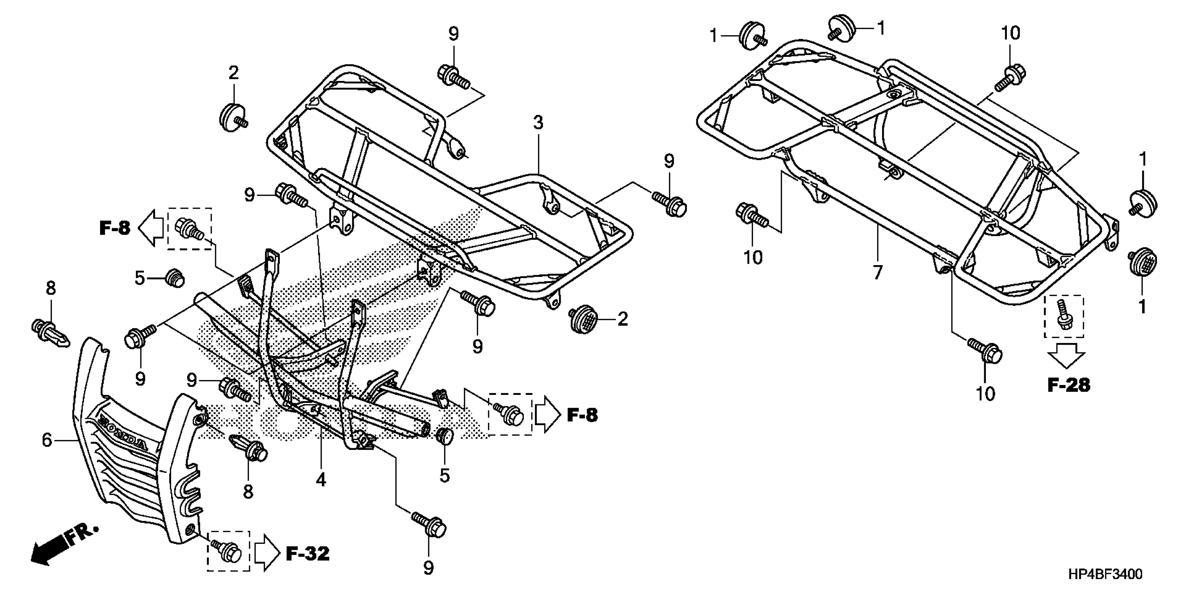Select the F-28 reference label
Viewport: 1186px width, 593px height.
[x=1069, y=385]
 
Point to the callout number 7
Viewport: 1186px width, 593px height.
[x=878, y=273]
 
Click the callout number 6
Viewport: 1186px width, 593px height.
[x=47, y=440]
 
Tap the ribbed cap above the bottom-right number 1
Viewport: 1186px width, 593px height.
[x=1143, y=261]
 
